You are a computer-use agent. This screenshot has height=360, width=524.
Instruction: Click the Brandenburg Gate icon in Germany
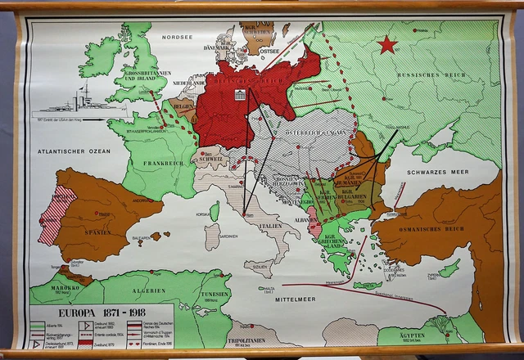pos(241,96)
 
